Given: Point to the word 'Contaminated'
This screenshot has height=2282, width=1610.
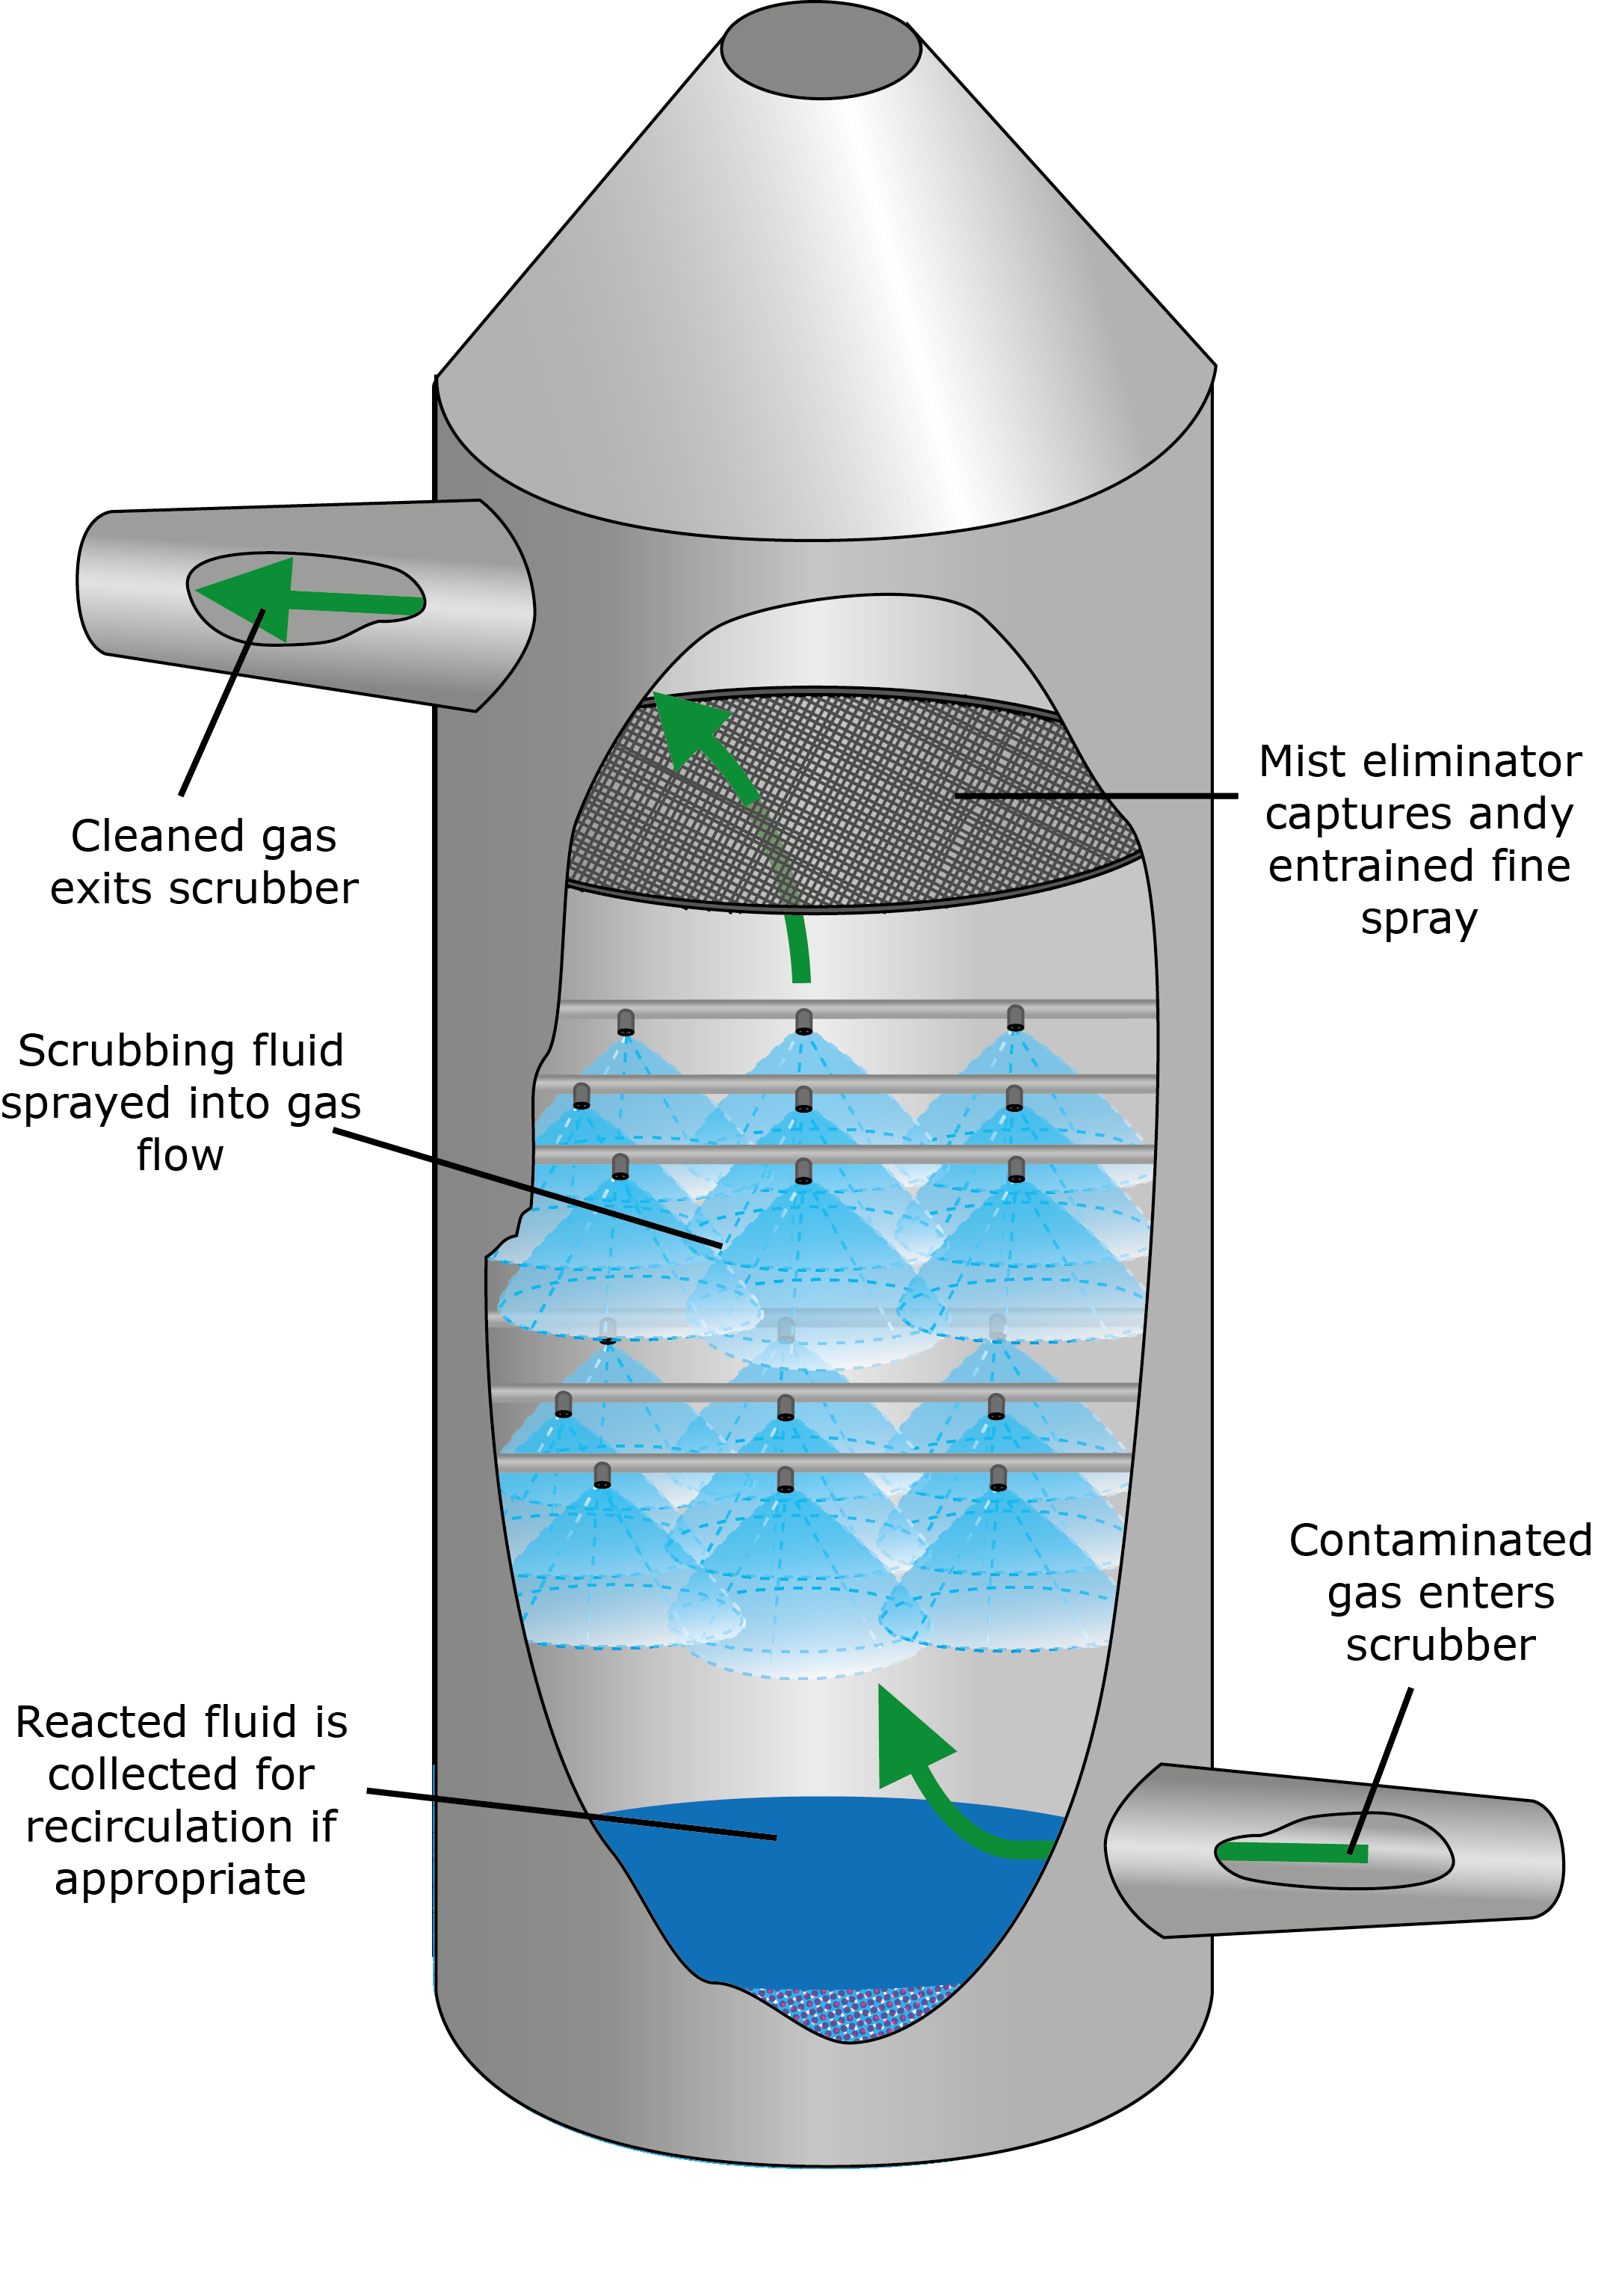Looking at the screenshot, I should [x=1440, y=1542].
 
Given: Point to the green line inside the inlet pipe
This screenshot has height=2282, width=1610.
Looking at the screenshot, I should [x=1292, y=1851].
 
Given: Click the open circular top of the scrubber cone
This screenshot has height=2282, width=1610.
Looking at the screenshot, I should [x=821, y=49].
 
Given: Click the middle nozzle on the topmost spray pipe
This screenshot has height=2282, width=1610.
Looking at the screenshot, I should [x=804, y=1021].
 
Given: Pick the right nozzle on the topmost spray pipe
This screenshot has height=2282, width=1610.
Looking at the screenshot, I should [x=1015, y=1018].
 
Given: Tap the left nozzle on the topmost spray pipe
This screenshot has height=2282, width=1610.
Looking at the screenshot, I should [x=625, y=1021].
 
